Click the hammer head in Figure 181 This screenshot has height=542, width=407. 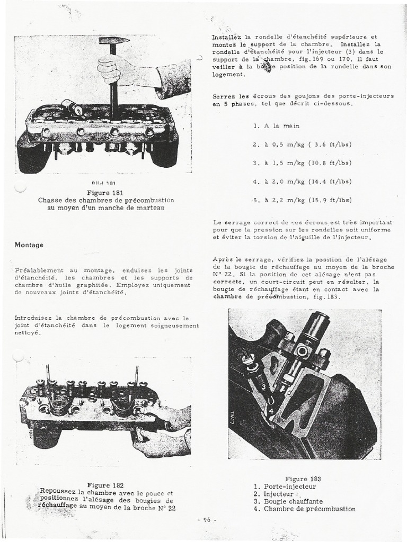(x=110, y=40)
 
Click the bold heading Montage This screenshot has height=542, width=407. (x=29, y=245)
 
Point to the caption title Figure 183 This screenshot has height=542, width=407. (x=303, y=479)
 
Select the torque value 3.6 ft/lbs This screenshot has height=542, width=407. (x=333, y=144)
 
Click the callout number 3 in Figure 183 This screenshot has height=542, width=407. (x=263, y=388)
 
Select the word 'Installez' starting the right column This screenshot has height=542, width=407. (x=226, y=38)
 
